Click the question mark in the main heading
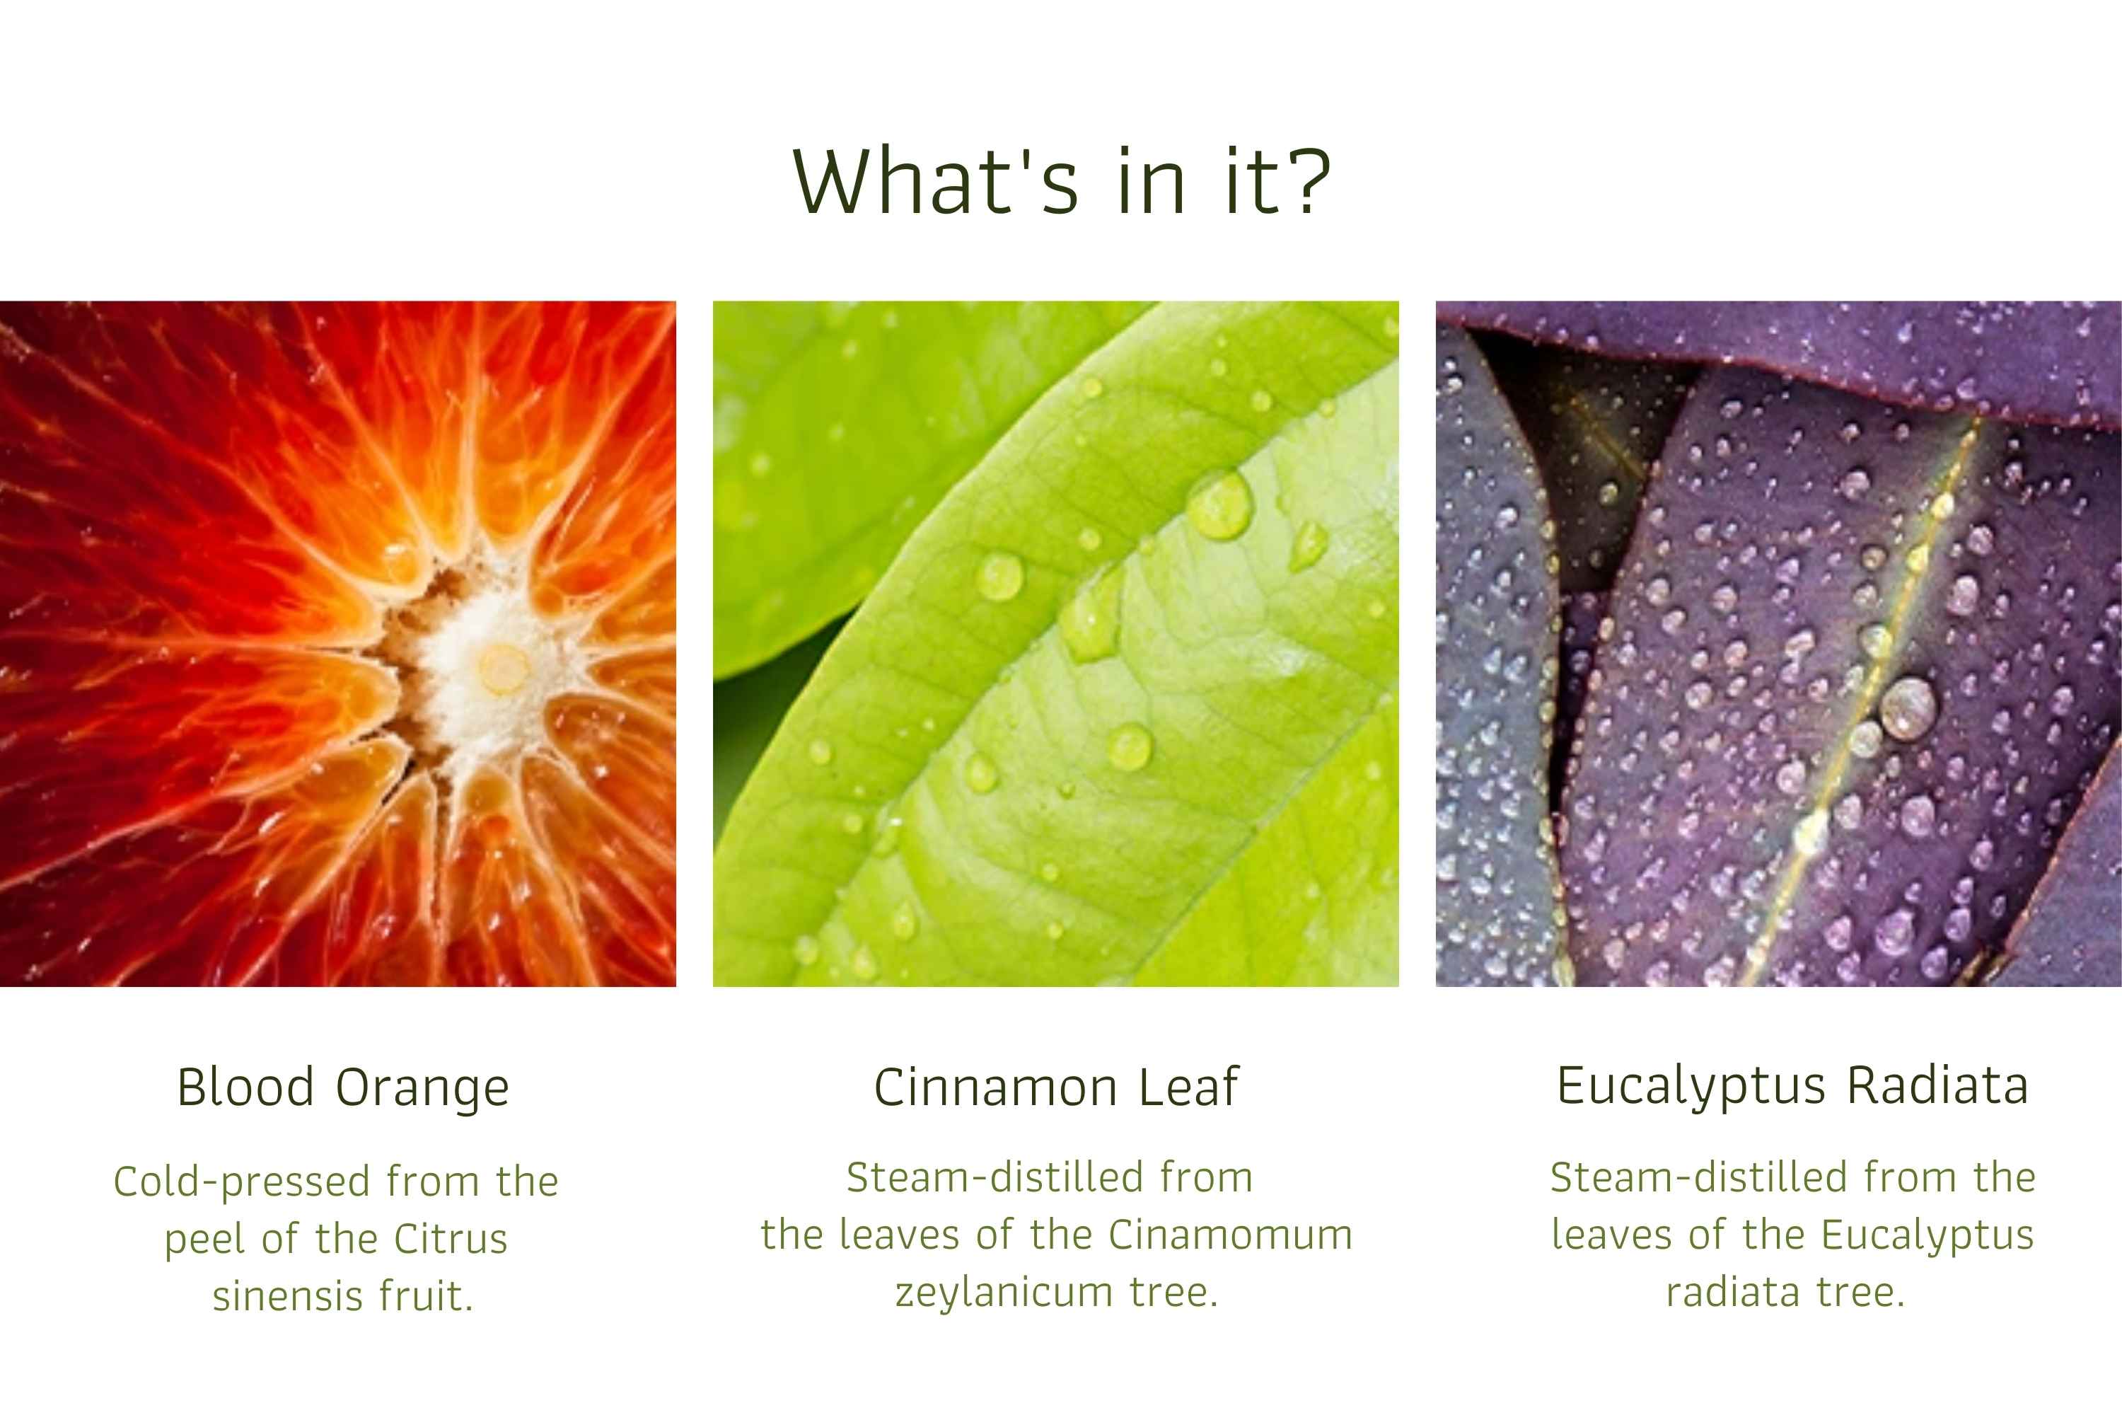tap(1306, 180)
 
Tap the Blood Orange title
tap(343, 1087)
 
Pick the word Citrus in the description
tap(451, 1238)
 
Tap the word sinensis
tap(288, 1296)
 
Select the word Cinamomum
tap(1231, 1235)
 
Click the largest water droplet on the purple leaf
tap(1907, 707)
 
